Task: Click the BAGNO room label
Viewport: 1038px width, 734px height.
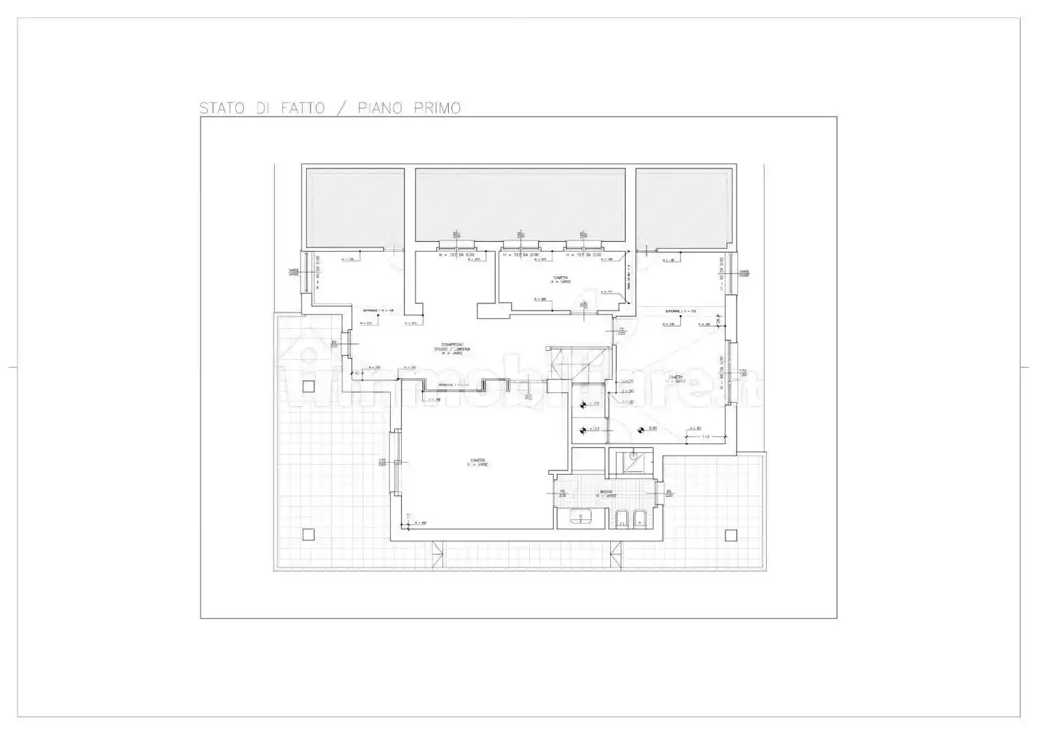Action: [x=606, y=492]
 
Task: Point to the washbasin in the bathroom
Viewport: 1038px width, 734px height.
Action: [x=579, y=518]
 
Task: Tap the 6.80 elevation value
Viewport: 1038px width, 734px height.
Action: [x=652, y=429]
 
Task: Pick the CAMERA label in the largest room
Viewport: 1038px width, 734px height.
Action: [x=478, y=460]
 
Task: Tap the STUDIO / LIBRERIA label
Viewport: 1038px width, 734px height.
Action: [x=452, y=349]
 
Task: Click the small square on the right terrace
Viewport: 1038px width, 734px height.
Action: [x=730, y=535]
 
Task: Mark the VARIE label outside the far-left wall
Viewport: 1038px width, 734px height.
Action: [x=294, y=273]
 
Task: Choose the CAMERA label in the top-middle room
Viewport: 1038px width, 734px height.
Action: [x=561, y=278]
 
